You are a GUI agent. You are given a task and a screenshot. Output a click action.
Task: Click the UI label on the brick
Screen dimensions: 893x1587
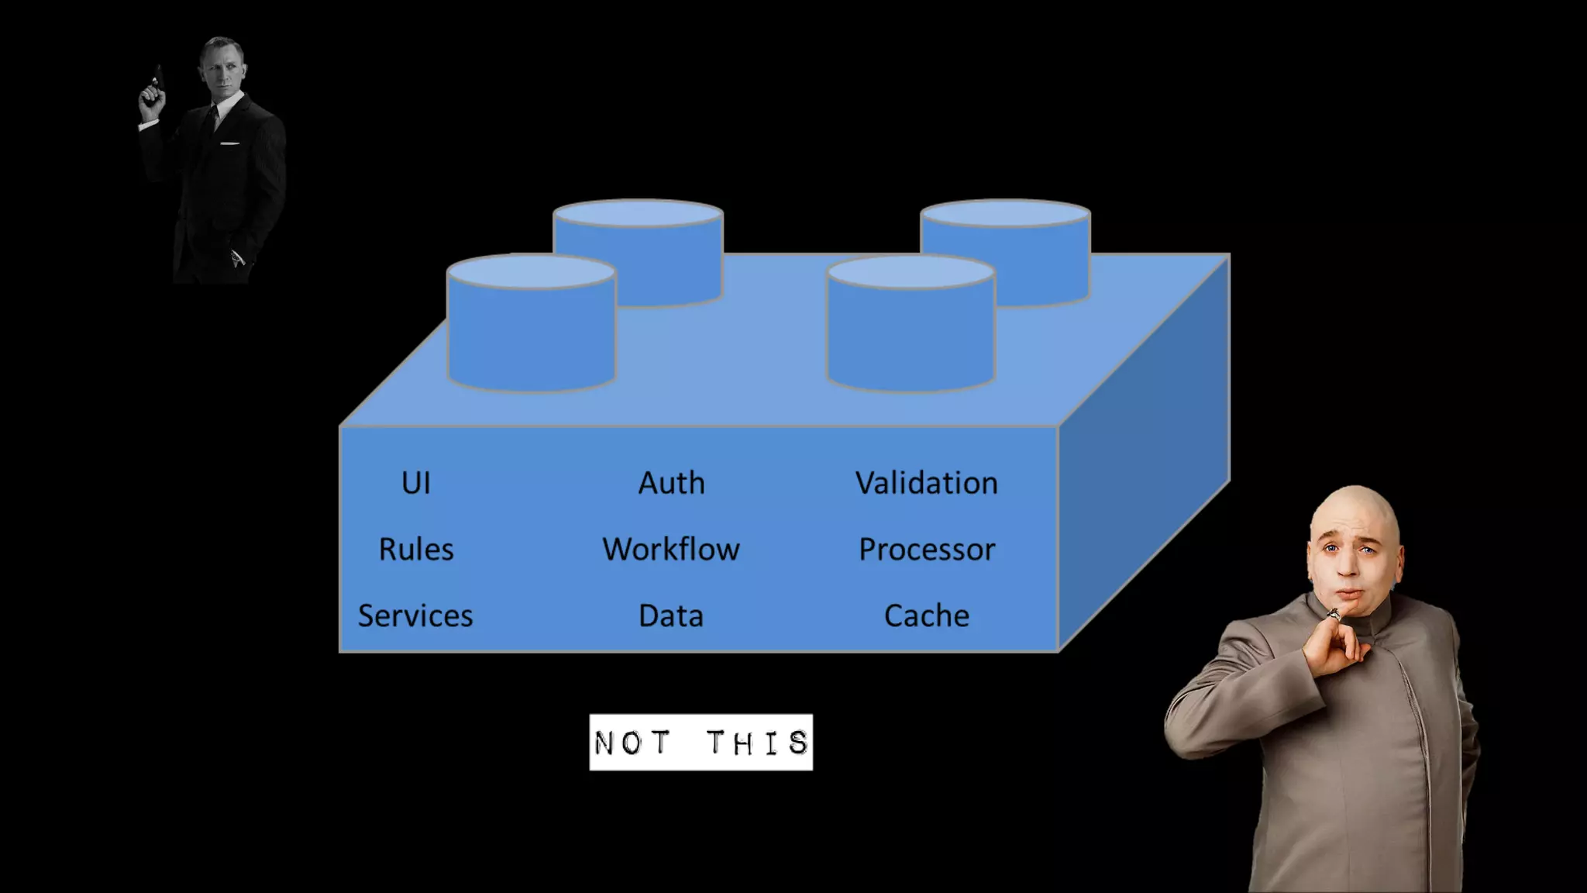416,483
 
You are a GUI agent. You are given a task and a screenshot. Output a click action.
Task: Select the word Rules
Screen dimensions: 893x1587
416,550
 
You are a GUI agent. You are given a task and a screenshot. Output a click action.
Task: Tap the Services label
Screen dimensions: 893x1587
415,616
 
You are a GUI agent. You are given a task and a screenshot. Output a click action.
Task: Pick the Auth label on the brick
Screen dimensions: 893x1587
671,483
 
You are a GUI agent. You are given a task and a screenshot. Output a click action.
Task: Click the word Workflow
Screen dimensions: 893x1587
671,550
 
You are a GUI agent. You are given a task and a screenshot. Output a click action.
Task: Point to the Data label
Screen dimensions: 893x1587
671,616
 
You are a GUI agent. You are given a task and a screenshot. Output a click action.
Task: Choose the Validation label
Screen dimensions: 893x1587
927,483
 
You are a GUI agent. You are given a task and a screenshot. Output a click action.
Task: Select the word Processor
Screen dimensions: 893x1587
927,550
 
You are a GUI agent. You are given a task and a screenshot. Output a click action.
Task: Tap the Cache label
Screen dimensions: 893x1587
927,616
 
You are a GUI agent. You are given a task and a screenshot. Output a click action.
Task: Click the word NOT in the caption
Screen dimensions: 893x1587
632,743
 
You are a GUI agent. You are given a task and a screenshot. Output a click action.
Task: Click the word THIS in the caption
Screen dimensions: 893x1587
758,743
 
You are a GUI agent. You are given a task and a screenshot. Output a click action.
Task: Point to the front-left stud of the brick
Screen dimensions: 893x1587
532,326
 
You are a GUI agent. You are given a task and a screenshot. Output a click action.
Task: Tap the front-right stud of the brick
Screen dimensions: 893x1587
911,326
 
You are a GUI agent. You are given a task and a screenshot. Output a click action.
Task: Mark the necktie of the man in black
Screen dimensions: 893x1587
212,120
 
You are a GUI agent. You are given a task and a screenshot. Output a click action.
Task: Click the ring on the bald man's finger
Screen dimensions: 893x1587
1334,615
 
